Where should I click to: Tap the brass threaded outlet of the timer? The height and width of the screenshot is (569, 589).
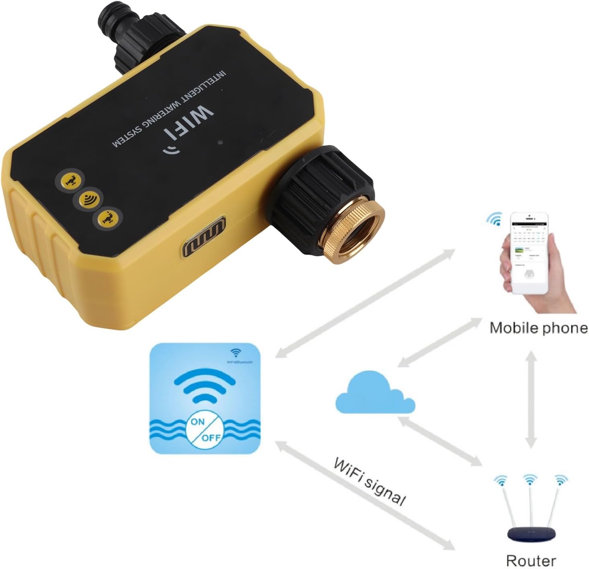tap(358, 232)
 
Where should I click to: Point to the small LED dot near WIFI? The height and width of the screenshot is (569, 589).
tap(220, 142)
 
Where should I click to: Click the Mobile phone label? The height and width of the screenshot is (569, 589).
tap(538, 328)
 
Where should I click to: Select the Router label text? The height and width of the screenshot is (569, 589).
tap(531, 560)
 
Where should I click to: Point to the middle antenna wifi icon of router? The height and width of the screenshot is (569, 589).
tap(530, 479)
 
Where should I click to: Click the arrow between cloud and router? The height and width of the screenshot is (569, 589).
tap(440, 442)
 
